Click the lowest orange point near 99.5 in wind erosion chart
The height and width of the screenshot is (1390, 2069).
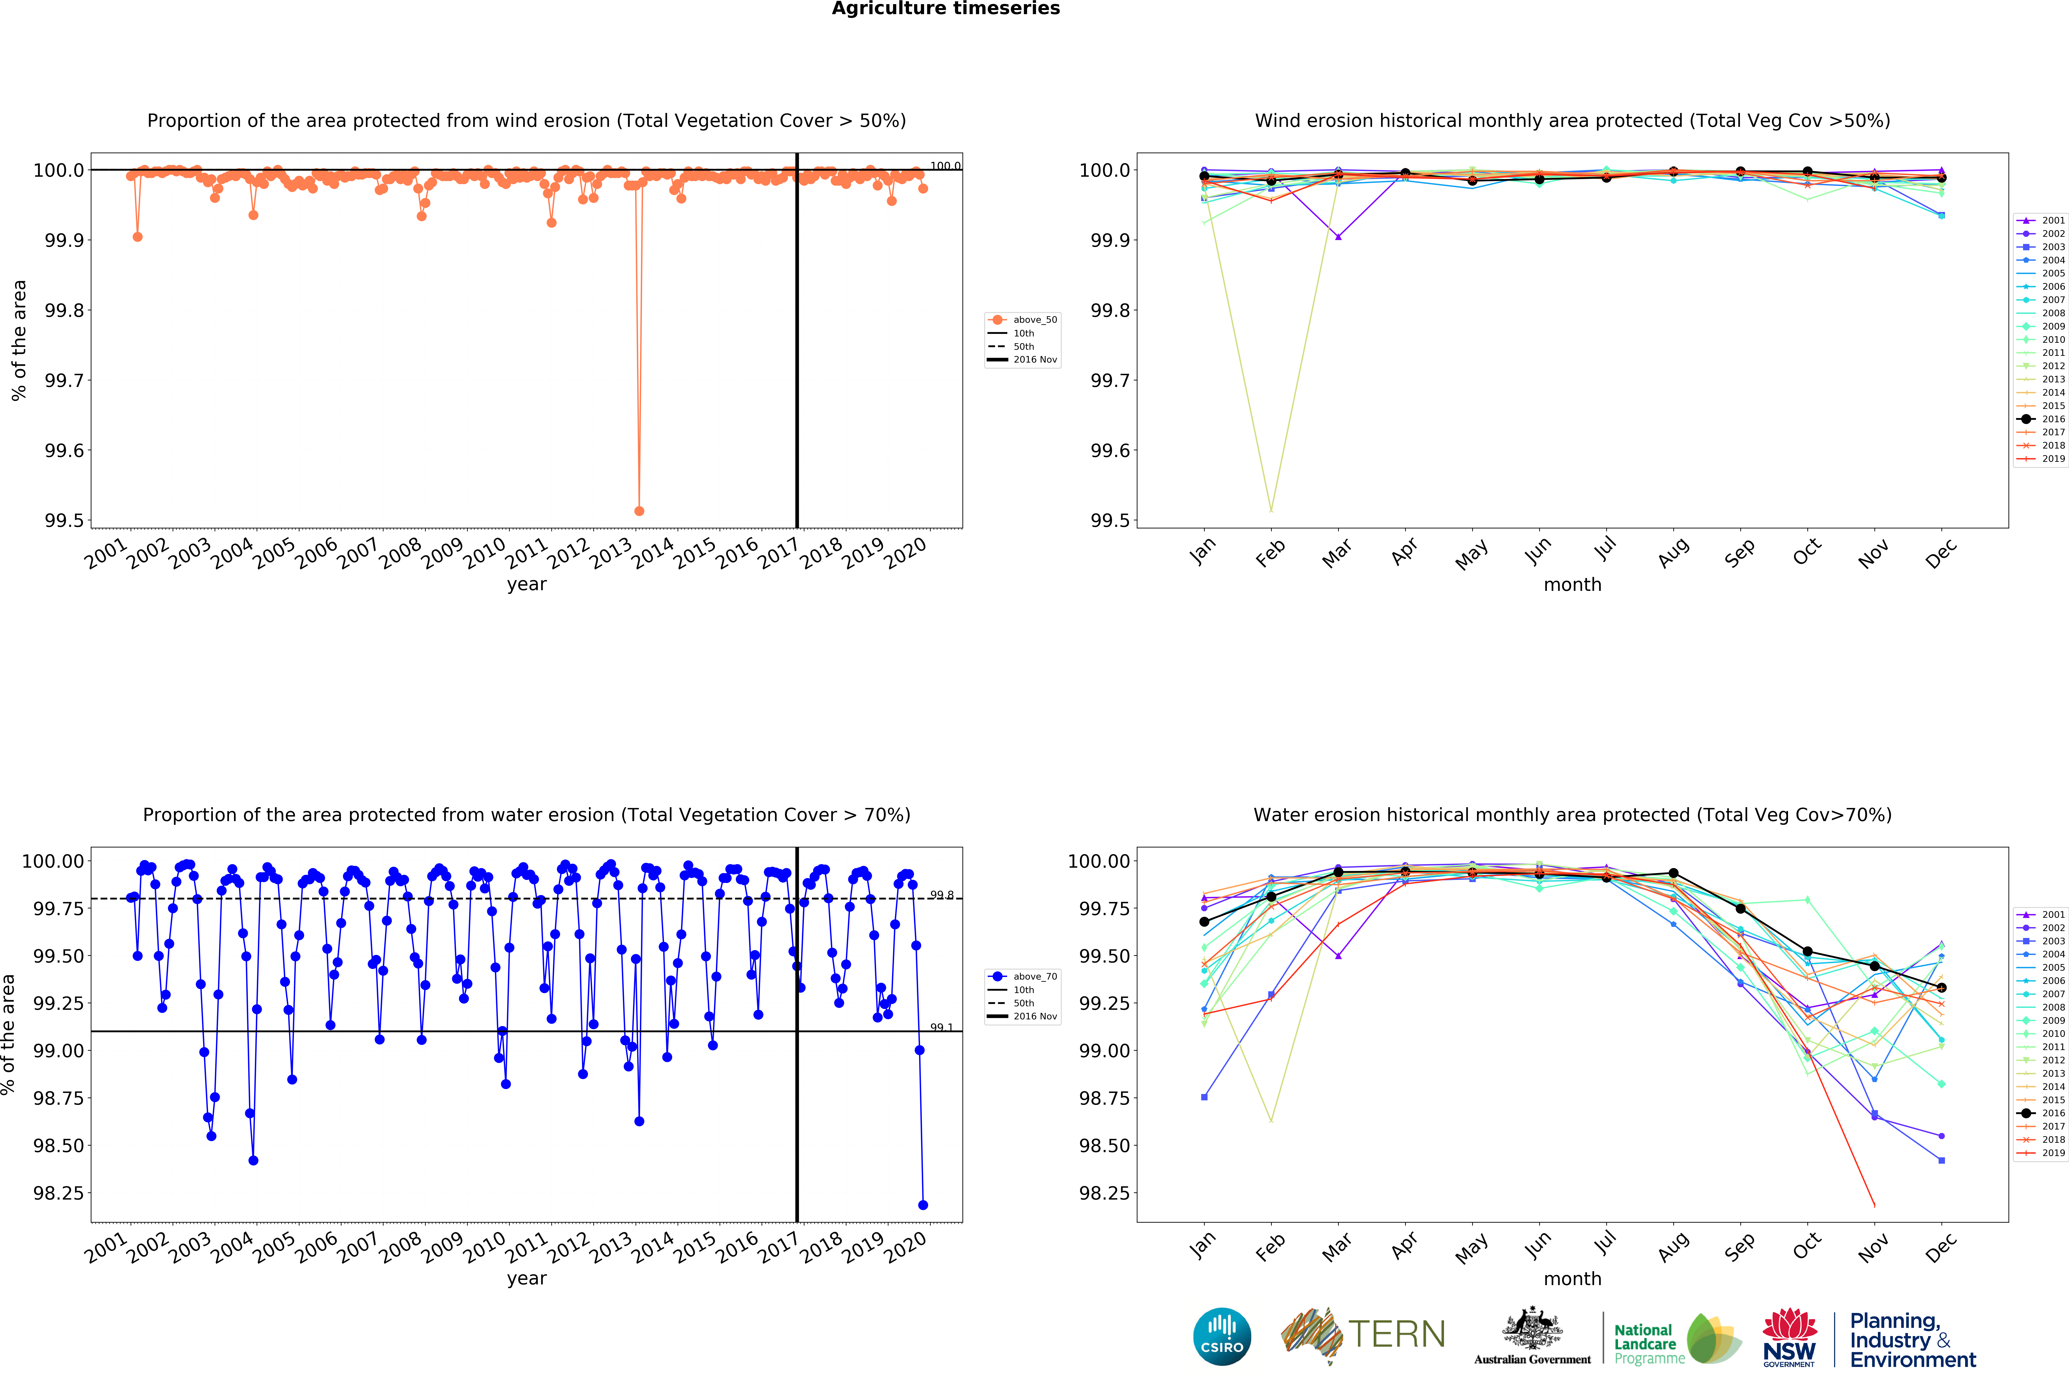(x=639, y=511)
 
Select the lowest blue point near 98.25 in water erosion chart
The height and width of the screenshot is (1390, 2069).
(x=923, y=1205)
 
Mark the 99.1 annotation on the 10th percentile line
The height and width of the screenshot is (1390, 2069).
(x=941, y=1027)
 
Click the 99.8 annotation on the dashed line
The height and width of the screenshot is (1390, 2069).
(x=941, y=895)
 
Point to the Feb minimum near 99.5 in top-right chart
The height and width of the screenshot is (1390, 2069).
(x=1271, y=510)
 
